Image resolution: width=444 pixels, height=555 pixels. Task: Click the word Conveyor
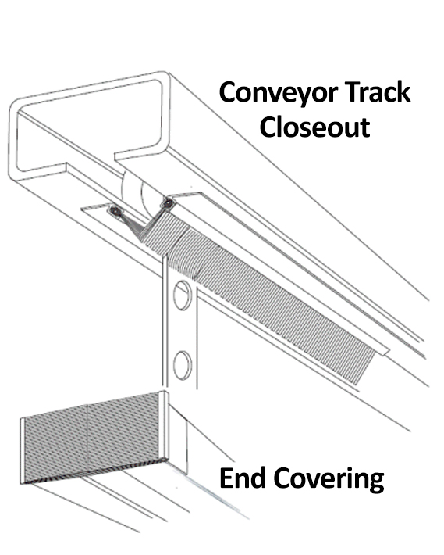279,94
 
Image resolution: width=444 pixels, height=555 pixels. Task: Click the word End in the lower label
243,477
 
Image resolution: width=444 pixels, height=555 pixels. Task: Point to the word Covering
329,480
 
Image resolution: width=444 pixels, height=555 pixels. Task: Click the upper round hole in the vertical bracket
183,295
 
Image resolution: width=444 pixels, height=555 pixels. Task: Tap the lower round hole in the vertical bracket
183,365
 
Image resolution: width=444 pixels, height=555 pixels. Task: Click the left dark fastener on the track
115,211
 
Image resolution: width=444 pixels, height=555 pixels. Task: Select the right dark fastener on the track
168,203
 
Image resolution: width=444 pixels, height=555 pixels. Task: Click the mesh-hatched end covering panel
93,439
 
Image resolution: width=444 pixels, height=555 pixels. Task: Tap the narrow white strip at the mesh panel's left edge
23,451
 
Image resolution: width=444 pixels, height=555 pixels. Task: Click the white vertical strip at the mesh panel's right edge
163,425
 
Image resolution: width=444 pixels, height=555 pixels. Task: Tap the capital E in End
226,477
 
